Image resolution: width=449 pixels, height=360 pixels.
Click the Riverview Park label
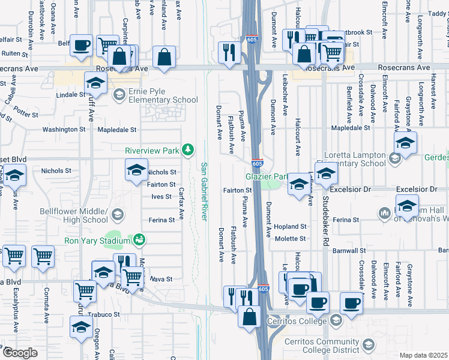tap(152, 150)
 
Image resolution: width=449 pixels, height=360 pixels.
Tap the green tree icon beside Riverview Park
tap(188, 149)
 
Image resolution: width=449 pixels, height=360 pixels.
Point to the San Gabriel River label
tap(203, 191)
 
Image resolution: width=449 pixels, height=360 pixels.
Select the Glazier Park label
tap(266, 176)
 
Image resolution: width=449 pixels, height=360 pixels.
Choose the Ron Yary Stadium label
tap(98, 241)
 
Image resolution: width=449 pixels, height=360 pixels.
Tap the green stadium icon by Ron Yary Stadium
tap(139, 241)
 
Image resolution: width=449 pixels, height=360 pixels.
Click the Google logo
tap(19, 353)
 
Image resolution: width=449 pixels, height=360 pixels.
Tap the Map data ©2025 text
tap(424, 355)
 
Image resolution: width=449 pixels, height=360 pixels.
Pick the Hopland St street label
tap(291, 227)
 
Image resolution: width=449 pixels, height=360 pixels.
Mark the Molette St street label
tap(291, 239)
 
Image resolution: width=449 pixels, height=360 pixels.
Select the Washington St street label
tap(64, 129)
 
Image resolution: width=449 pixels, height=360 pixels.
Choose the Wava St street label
tap(160, 279)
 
